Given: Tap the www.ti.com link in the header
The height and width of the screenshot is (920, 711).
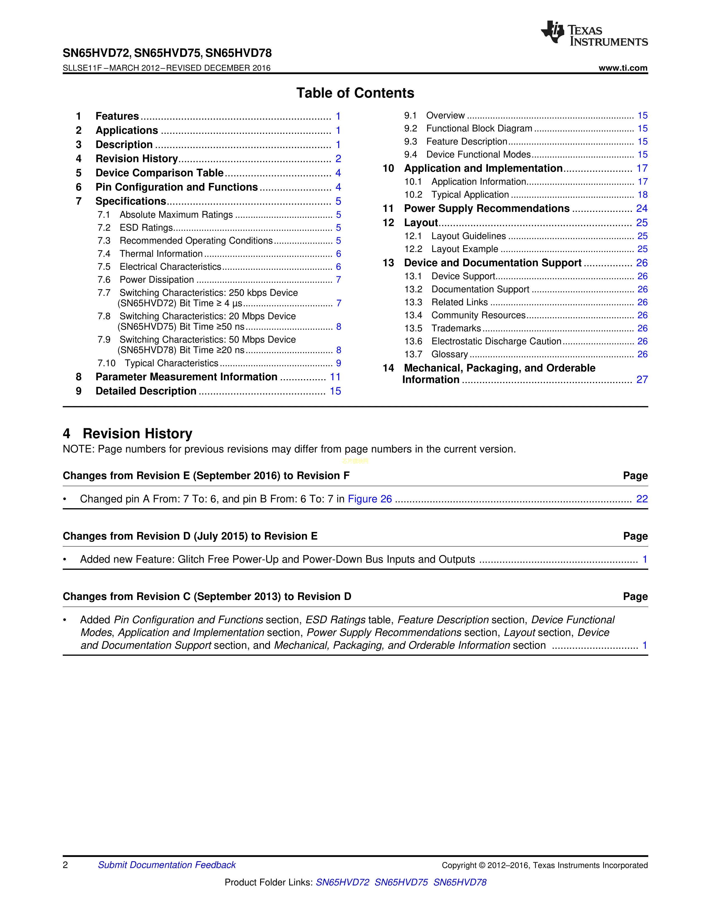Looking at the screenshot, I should [623, 68].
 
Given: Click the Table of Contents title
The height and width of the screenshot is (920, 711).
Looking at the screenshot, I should [355, 93].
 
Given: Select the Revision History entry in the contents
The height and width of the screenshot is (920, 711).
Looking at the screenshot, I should [136, 159].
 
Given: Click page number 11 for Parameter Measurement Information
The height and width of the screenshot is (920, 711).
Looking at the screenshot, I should [335, 377].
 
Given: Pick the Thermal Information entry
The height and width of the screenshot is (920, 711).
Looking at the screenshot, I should [161, 254].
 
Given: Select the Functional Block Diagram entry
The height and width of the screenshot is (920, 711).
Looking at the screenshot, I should [479, 129].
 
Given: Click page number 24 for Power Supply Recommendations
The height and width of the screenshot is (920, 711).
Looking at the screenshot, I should [642, 209].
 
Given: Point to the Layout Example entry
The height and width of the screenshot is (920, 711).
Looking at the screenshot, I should [465, 249].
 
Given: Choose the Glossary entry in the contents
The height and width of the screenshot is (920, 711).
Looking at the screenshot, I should [449, 354].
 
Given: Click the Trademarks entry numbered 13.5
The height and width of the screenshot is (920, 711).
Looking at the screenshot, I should [456, 328].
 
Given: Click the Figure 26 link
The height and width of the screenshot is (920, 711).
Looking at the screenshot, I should [369, 499].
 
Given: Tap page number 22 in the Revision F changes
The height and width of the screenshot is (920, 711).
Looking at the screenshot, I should [642, 499].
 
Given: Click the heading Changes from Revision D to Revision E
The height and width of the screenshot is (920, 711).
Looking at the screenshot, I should [190, 536].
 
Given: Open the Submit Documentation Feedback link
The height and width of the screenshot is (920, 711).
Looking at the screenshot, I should [167, 865].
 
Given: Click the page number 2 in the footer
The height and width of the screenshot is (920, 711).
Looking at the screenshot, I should [65, 865].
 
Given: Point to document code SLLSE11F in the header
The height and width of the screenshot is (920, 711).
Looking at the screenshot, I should [82, 68].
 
